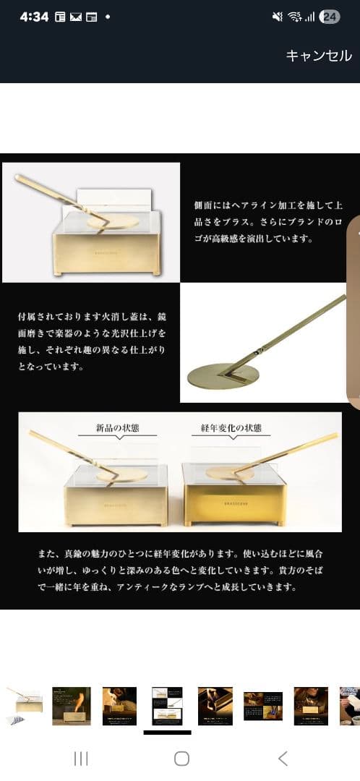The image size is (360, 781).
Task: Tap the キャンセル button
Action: [319, 56]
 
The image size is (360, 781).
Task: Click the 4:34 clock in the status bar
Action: [34, 17]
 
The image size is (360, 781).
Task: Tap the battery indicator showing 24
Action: [329, 17]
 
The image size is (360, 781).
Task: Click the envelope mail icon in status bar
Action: [75, 17]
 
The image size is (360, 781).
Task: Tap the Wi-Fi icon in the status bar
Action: [294, 17]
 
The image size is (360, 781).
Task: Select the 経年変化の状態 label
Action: [231, 428]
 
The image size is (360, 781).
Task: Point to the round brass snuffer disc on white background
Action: [223, 376]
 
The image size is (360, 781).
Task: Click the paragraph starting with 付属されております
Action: [92, 341]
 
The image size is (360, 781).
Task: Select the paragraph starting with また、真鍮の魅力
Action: [180, 571]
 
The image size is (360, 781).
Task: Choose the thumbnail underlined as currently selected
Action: [167, 706]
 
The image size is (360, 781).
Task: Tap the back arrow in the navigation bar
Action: [283, 758]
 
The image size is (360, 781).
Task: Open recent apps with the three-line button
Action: [81, 758]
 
